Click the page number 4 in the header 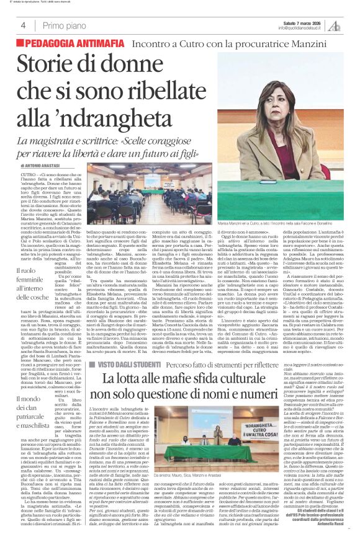coord(22,25)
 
